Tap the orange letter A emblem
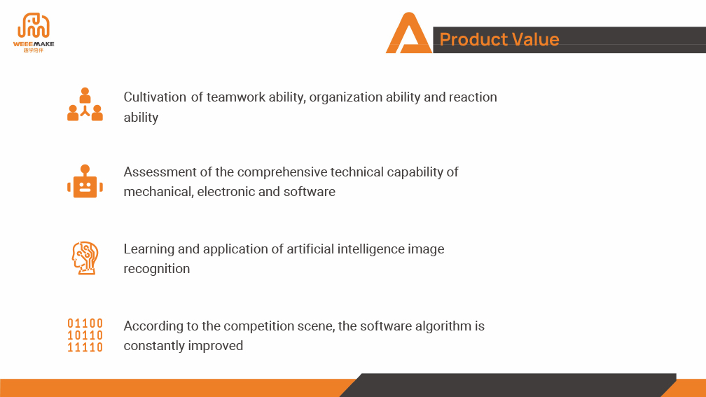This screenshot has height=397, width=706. (409, 34)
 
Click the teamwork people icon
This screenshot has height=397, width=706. (85, 104)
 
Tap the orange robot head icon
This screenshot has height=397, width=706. (85, 181)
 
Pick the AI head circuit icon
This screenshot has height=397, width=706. (85, 258)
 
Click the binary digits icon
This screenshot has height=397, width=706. (85, 335)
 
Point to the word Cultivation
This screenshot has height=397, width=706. (155, 97)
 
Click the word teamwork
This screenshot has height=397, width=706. (236, 97)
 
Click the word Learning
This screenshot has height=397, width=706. (148, 249)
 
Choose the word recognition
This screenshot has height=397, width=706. (157, 269)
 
